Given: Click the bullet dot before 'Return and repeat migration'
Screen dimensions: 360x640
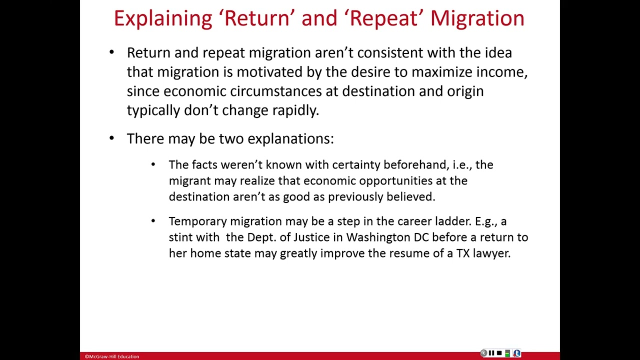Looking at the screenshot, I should click(111, 52).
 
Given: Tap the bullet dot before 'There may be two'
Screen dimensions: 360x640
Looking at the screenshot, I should click(111, 138).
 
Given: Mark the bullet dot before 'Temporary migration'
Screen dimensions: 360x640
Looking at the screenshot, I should click(153, 220).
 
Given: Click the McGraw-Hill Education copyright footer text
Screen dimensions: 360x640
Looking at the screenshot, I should click(112, 356).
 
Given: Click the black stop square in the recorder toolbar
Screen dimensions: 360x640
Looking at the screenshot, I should click(499, 353).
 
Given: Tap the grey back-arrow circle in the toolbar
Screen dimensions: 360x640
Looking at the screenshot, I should click(483, 353).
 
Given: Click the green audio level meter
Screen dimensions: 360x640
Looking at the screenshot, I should click(507, 353).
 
